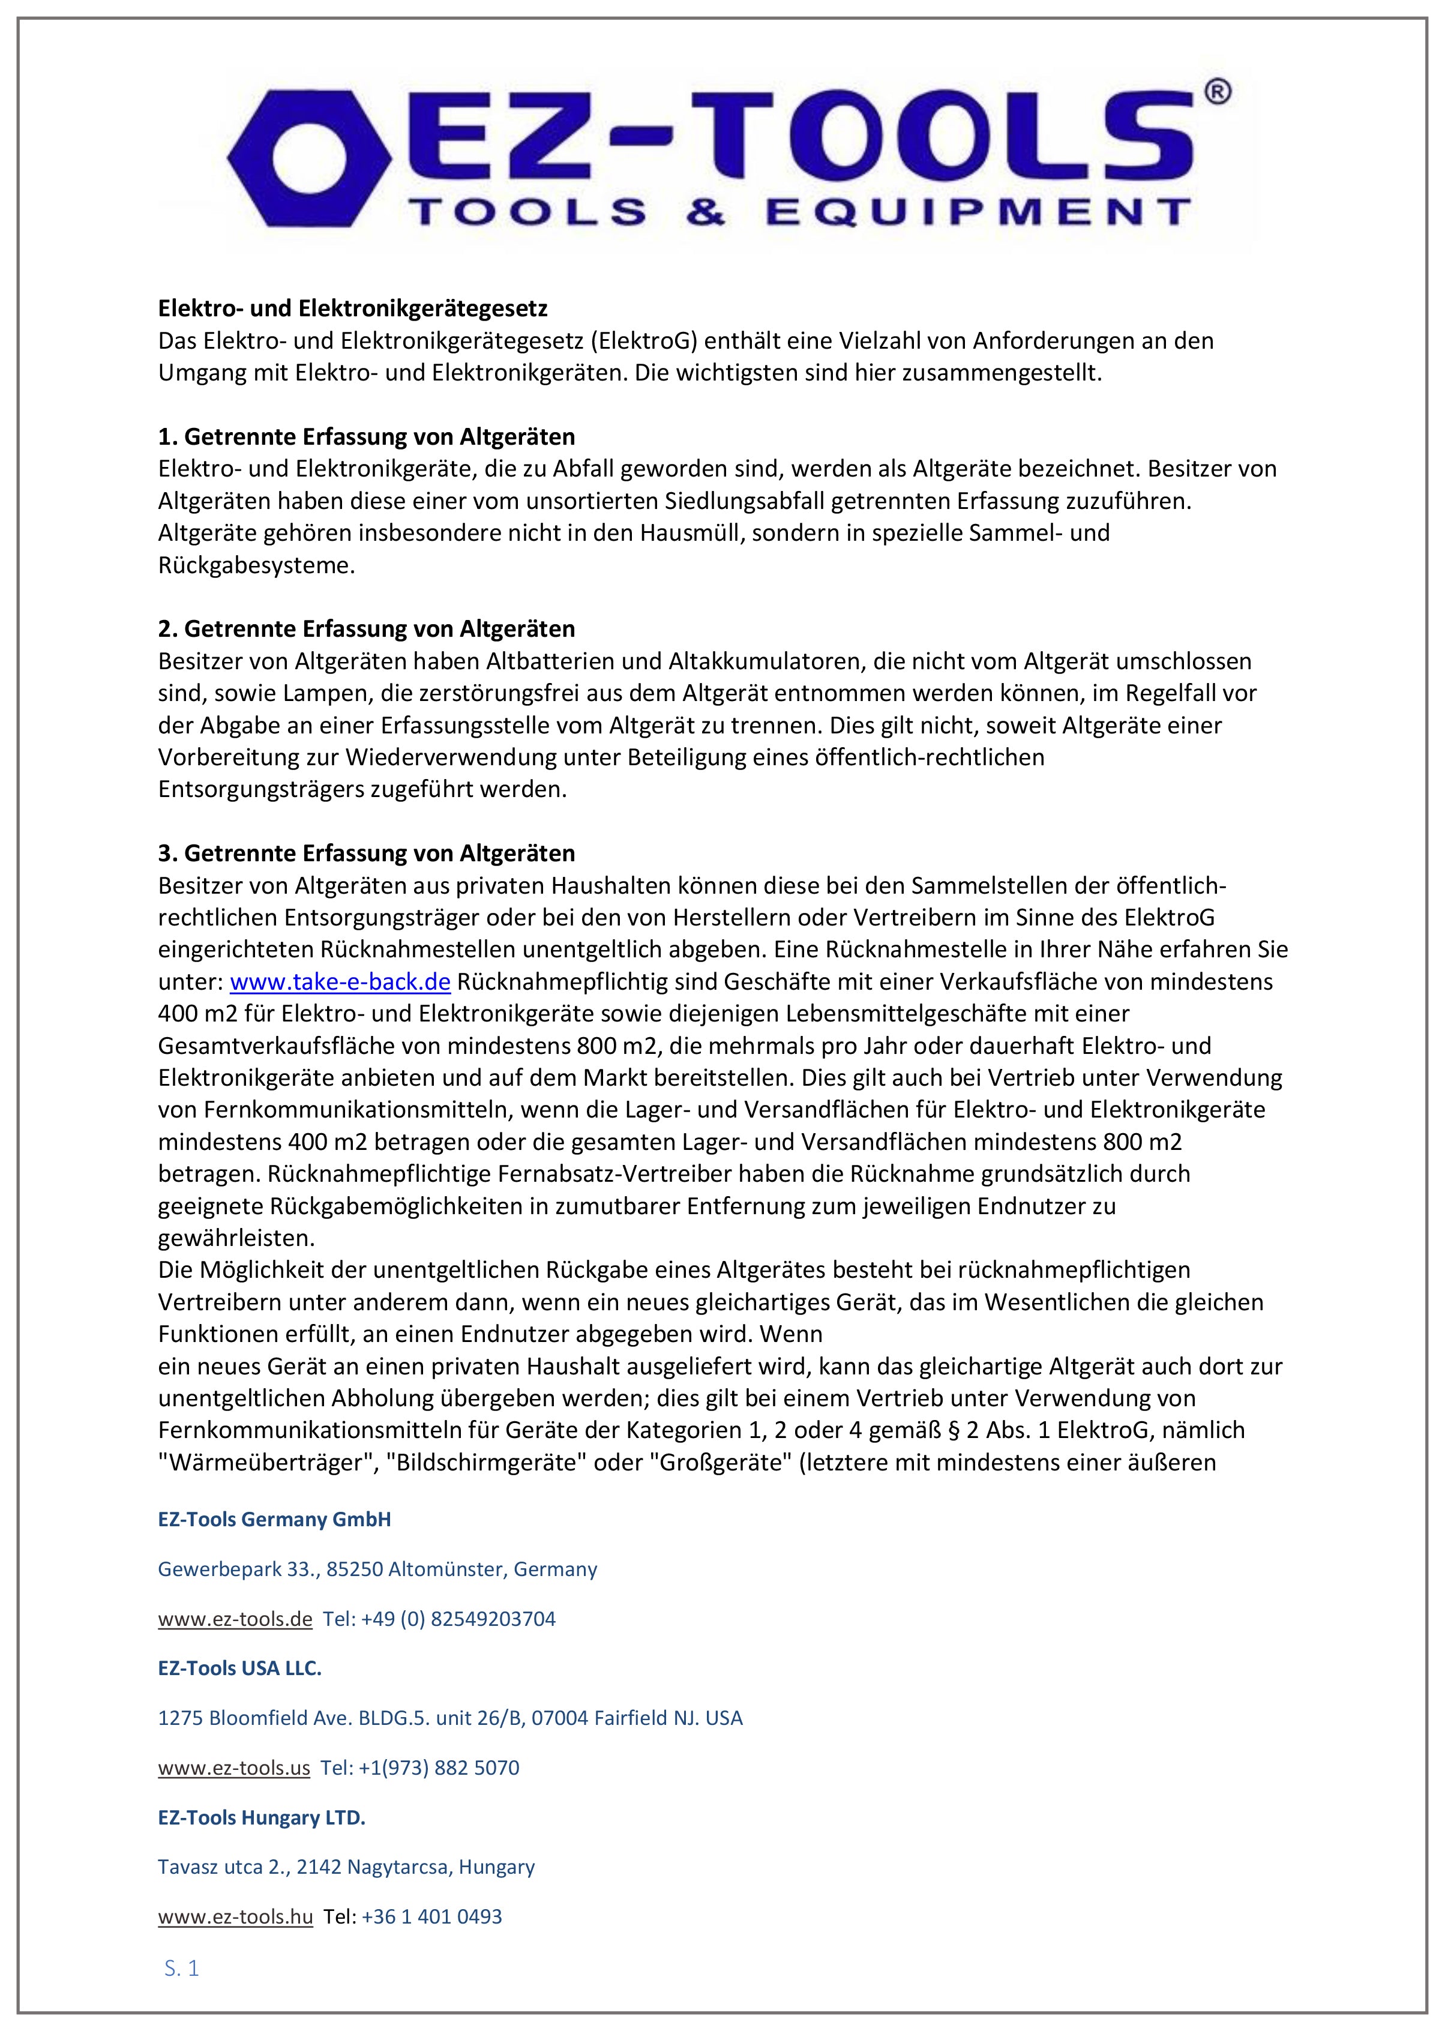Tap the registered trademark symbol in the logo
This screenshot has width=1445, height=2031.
click(1216, 92)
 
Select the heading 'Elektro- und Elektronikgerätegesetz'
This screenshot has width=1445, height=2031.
click(352, 309)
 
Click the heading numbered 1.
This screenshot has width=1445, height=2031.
click(367, 437)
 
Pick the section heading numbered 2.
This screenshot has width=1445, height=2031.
click(367, 629)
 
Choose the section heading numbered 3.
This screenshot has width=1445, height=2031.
click(367, 853)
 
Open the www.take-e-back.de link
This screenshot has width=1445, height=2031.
click(340, 982)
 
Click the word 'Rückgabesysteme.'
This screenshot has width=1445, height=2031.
click(256, 565)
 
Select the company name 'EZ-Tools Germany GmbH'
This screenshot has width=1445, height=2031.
click(274, 1519)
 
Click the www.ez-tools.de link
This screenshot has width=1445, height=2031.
click(235, 1619)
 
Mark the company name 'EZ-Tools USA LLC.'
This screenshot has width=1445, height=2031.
click(239, 1668)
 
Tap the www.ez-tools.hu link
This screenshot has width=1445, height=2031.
click(235, 1916)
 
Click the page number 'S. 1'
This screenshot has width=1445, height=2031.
click(181, 1969)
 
